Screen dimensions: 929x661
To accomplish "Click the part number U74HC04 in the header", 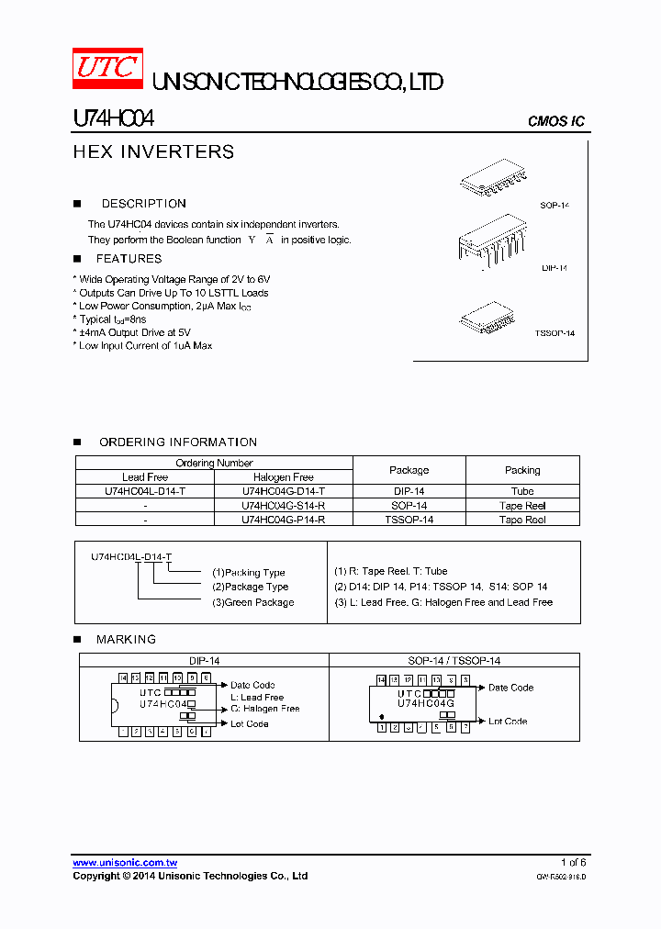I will click(113, 119).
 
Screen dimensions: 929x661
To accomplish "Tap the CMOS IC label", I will click(555, 122).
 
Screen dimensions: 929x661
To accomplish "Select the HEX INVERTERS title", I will click(153, 152).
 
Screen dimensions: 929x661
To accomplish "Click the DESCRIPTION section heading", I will click(143, 204).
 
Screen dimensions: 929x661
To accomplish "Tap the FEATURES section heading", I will click(129, 259).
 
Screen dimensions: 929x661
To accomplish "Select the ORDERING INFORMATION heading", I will click(178, 442).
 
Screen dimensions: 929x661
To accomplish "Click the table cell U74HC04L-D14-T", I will click(145, 491).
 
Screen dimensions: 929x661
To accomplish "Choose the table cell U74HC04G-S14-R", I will click(284, 506).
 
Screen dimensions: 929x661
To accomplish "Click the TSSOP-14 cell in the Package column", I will click(409, 520).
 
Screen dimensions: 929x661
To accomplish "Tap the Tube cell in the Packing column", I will click(522, 491).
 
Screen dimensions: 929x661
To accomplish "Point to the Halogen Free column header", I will click(284, 477).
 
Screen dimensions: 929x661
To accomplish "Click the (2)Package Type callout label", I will click(250, 587).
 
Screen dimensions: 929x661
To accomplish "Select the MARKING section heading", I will click(126, 639).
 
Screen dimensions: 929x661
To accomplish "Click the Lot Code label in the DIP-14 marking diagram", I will click(250, 724).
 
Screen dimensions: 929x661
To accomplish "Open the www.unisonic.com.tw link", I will click(125, 863).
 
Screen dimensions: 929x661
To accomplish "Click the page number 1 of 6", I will click(573, 863).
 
